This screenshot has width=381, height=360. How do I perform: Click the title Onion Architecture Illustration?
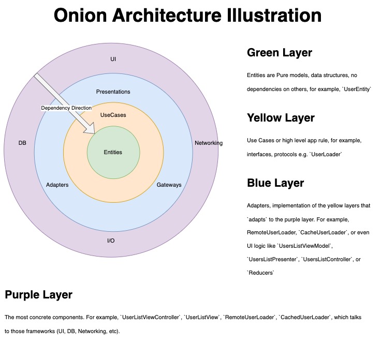coord(187,15)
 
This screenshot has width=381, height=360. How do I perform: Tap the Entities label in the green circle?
coord(113,152)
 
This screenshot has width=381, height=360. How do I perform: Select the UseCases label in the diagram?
coord(113,115)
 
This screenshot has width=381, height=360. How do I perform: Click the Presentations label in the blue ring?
coord(113,92)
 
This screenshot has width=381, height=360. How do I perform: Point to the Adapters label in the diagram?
coord(57,185)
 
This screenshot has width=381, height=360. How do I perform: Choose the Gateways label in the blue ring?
coord(169,185)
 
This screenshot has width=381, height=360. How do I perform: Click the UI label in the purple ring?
coord(113,59)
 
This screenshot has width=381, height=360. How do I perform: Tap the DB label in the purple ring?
coord(22,143)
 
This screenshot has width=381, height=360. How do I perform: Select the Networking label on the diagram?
coord(208,143)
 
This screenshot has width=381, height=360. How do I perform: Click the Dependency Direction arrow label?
coord(66,108)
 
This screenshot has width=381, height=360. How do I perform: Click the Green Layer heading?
coord(279,53)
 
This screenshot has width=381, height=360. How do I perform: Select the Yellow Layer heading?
coord(281,118)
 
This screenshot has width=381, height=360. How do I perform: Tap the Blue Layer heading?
coord(275,183)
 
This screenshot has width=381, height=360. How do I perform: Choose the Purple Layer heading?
coord(38,295)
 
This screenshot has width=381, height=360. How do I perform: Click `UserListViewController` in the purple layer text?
coord(150,317)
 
